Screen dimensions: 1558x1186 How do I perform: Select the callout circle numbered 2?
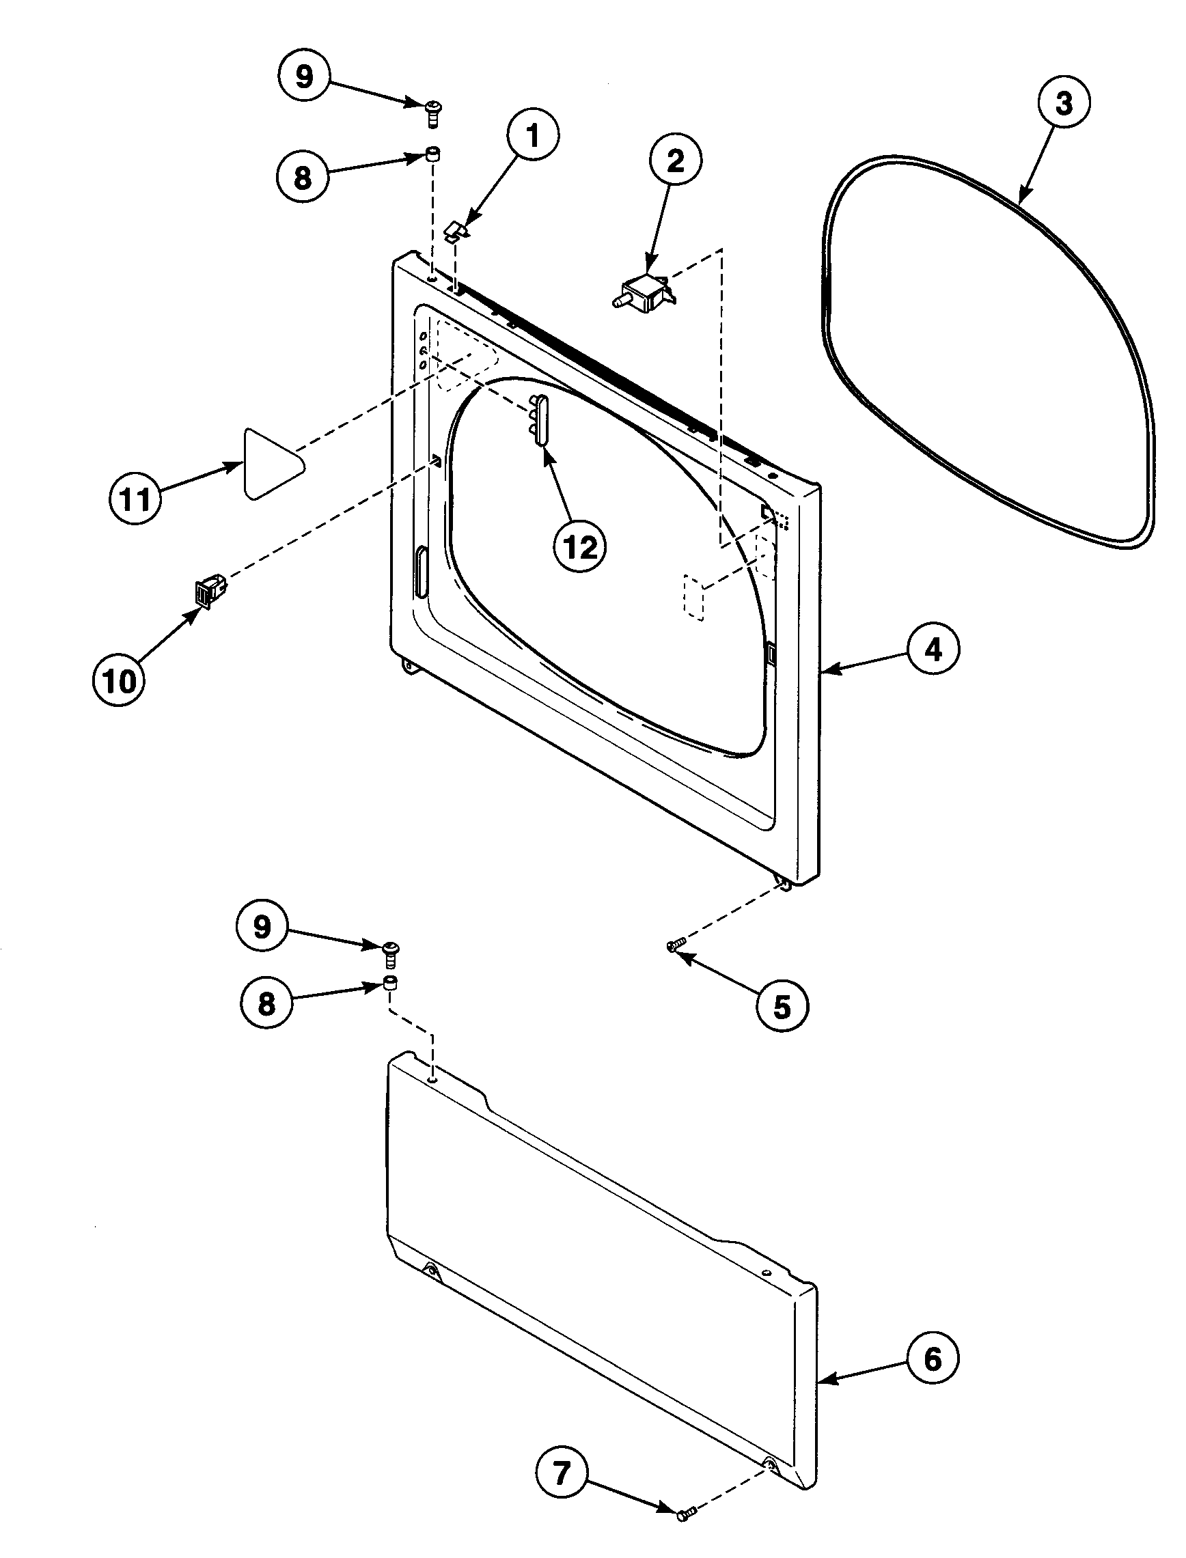(x=675, y=162)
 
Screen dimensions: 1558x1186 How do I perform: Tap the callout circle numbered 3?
(x=1063, y=103)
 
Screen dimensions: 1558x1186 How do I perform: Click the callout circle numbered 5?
(x=782, y=1007)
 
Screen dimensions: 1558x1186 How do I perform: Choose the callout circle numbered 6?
(x=933, y=1359)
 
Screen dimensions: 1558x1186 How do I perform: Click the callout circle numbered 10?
(x=119, y=681)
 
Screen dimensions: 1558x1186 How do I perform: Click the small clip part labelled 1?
(x=458, y=230)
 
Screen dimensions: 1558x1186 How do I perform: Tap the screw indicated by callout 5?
(x=676, y=945)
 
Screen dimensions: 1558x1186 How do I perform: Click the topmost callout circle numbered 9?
(x=303, y=76)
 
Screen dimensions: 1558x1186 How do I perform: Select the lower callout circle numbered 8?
(x=266, y=1003)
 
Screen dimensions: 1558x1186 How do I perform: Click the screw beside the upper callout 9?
(x=432, y=113)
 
